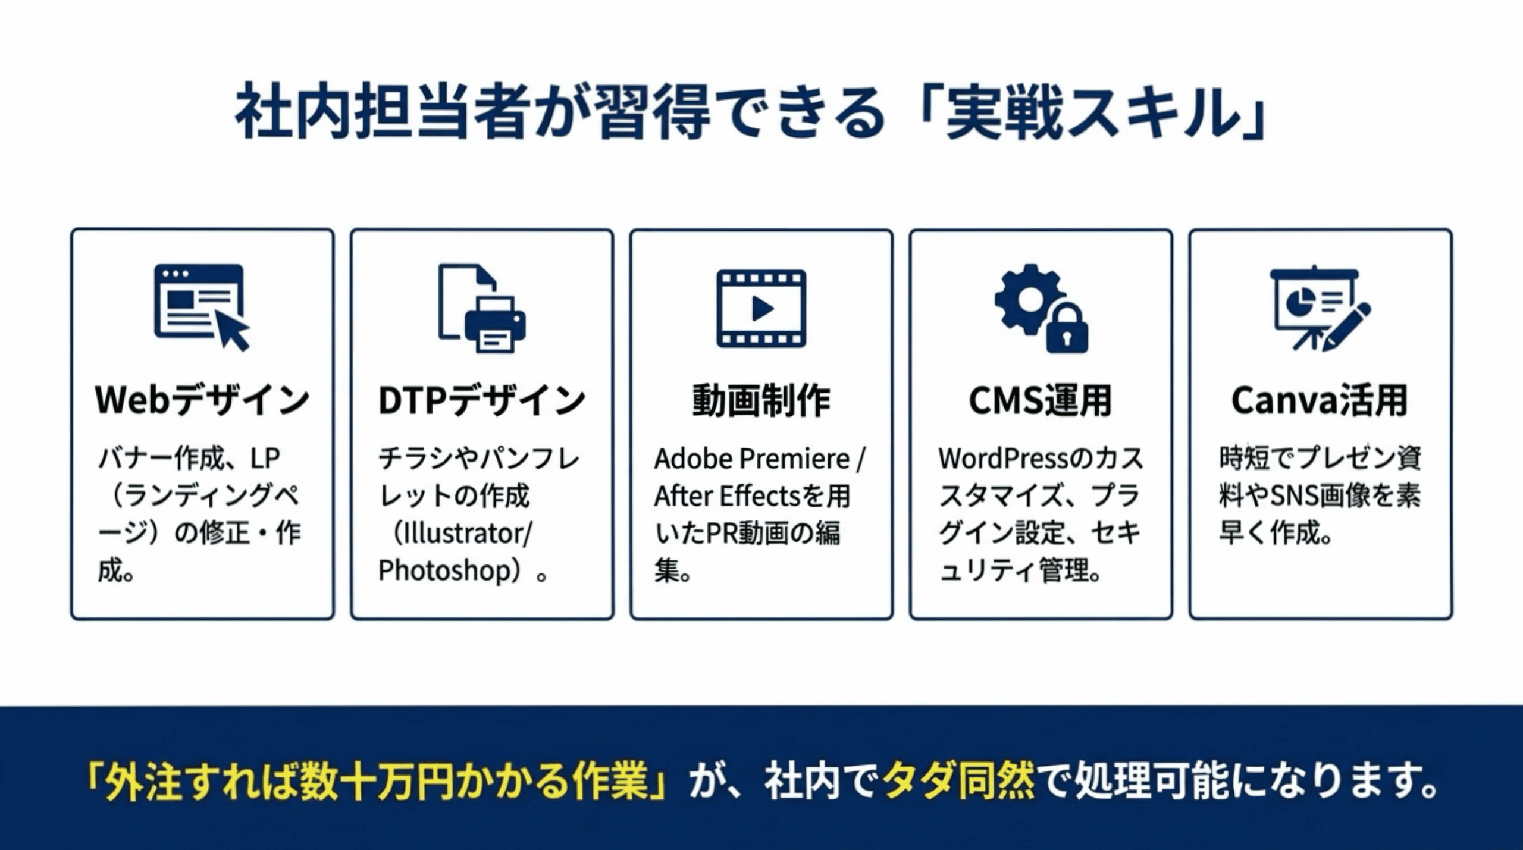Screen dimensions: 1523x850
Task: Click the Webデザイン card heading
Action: point(202,400)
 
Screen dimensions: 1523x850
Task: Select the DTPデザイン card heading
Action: point(482,400)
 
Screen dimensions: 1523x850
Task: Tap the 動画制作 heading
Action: point(761,400)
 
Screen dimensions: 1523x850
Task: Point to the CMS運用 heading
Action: point(1041,400)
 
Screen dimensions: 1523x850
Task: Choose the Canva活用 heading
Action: point(1320,400)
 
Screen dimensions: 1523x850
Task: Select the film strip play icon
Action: point(761,308)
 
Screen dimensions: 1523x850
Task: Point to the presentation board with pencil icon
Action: point(1320,308)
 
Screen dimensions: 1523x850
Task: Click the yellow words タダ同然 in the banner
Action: point(958,781)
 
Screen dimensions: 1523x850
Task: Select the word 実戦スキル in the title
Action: point(1092,112)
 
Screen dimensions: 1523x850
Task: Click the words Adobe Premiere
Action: point(752,459)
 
